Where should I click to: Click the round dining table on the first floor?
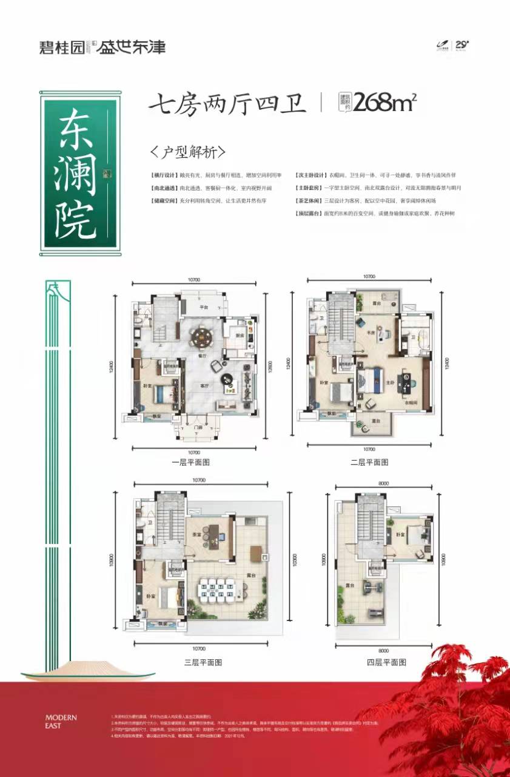pos(201,336)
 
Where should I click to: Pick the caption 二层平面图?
pos(369,462)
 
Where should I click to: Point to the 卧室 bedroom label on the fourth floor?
pos(400,534)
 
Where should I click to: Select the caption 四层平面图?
pos(386,662)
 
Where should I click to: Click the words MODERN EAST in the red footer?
pos(61,721)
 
